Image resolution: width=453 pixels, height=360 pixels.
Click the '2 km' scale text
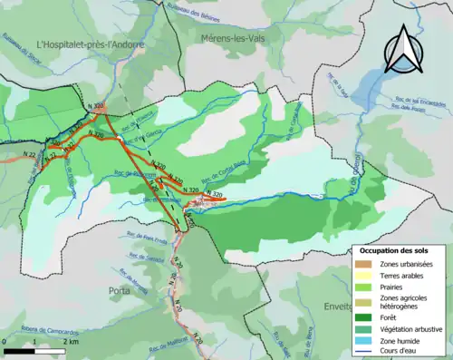70,349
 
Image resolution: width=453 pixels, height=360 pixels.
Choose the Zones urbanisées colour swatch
362,264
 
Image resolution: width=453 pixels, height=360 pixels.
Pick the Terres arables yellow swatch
362,276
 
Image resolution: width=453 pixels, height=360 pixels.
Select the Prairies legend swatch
362,287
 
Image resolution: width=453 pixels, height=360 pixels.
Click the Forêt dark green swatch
362,317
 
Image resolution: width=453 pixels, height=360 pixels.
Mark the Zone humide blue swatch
362,341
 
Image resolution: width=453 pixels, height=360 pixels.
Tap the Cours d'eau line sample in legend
362,352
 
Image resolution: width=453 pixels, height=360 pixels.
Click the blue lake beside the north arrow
368,87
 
